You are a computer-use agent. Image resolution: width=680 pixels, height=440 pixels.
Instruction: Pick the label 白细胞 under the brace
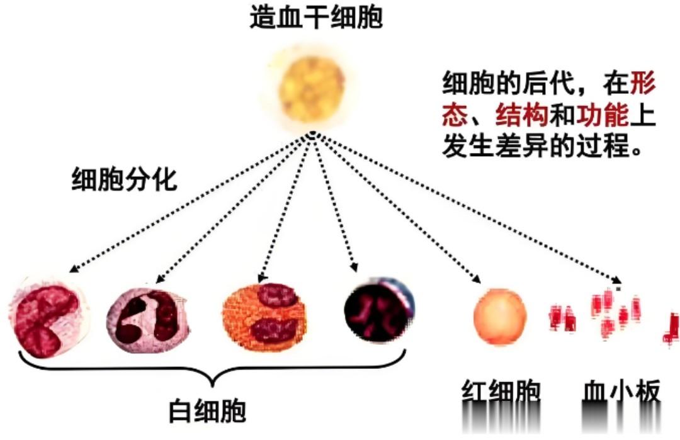click(x=207, y=411)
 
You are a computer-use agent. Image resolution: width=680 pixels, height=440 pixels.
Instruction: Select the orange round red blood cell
click(x=500, y=317)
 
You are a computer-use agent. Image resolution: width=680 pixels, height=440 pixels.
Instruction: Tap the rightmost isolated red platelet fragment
click(x=672, y=330)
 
